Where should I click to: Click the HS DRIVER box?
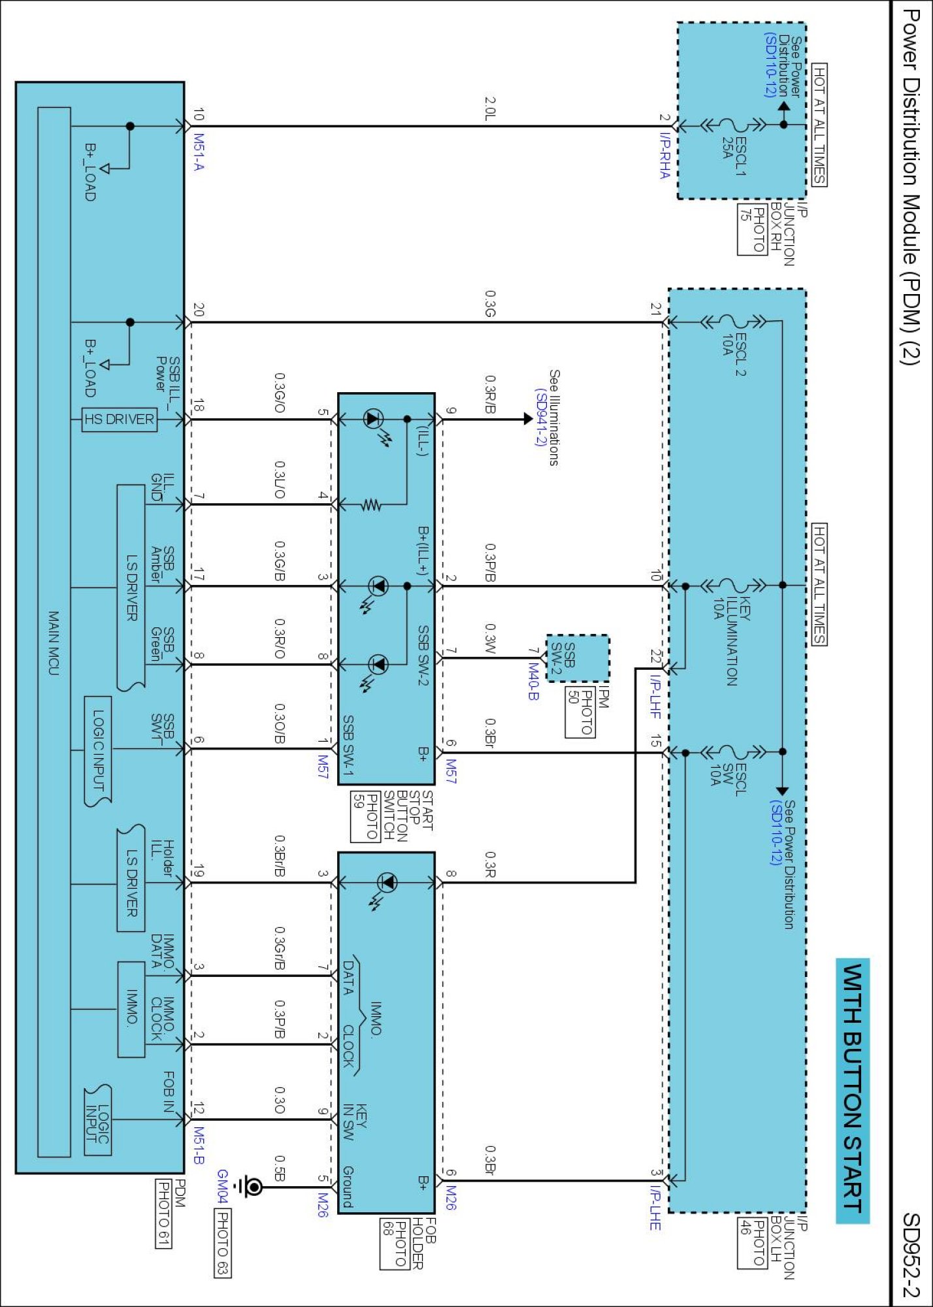(x=120, y=419)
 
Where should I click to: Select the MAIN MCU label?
(x=54, y=643)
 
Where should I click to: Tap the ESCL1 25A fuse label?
(x=733, y=156)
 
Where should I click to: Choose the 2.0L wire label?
(x=490, y=108)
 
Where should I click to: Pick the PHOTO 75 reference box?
(x=752, y=229)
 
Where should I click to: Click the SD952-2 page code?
(x=911, y=1255)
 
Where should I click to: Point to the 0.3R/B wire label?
(x=490, y=394)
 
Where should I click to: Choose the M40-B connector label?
(x=533, y=682)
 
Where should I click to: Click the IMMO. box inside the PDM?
(x=131, y=1008)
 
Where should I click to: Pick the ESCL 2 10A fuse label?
(x=734, y=354)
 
